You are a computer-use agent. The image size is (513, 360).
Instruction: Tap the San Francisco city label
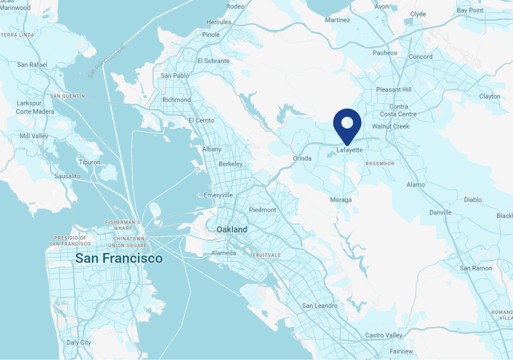(119, 258)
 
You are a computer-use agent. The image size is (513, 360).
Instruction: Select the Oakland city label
(232, 229)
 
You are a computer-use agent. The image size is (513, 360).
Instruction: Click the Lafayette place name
(350, 150)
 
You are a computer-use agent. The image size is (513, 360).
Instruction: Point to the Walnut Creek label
(391, 126)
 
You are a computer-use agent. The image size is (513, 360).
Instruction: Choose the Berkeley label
(230, 164)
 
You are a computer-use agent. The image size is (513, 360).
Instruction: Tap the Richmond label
(177, 100)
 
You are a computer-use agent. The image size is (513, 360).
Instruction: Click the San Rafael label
(32, 65)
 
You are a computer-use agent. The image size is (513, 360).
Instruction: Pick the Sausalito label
(68, 176)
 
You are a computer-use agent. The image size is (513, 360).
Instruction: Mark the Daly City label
(79, 342)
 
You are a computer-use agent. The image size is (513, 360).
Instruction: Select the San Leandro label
(320, 306)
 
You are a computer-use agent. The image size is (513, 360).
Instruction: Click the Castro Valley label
(384, 335)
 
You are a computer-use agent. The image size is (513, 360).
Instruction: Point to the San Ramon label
(476, 268)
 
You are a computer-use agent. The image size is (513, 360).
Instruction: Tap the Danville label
(441, 213)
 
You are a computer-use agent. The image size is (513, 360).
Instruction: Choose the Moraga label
(341, 200)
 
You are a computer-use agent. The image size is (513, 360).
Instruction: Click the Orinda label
(302, 158)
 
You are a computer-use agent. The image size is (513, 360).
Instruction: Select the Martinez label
(337, 20)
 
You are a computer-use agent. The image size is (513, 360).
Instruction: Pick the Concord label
(421, 57)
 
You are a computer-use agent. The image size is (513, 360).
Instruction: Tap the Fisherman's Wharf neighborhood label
(123, 225)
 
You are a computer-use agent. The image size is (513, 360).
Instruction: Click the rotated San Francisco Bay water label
(106, 61)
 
